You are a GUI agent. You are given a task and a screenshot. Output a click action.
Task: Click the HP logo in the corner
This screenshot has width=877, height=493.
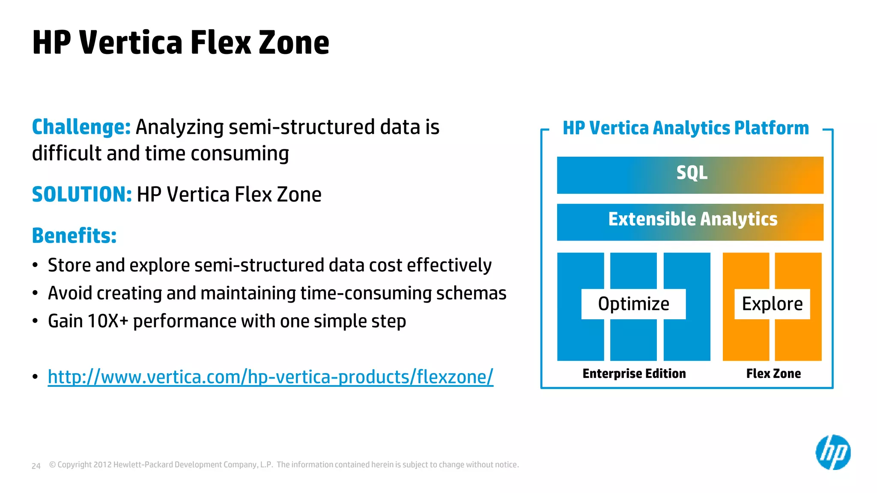tap(833, 452)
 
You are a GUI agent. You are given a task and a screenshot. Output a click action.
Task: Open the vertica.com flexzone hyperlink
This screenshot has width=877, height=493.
tap(270, 377)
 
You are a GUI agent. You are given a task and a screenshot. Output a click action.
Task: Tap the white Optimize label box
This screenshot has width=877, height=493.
tap(633, 304)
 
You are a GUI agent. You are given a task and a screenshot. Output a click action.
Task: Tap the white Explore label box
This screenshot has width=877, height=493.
tap(772, 304)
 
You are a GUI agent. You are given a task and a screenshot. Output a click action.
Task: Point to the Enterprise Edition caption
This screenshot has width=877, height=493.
tap(634, 374)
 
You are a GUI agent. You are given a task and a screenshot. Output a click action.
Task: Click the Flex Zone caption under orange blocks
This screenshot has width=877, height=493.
tap(773, 374)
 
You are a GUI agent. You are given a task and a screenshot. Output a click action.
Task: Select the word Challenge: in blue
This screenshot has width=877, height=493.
tap(81, 127)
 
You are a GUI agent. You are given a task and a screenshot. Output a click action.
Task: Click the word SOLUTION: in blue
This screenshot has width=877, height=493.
tap(82, 194)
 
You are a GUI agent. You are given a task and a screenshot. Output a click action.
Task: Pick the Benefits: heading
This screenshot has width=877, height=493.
tap(74, 235)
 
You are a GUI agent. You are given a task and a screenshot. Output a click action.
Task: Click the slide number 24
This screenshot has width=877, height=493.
tap(36, 466)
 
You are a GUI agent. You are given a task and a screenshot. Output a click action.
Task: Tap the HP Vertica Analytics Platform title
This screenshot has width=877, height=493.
tap(686, 128)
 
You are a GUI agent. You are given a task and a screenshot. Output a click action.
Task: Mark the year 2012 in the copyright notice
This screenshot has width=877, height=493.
tap(102, 465)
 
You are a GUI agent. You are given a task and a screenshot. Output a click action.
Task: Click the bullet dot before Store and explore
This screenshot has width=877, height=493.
tap(35, 265)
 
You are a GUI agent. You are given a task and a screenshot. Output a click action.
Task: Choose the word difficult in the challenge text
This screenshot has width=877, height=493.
tap(66, 153)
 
